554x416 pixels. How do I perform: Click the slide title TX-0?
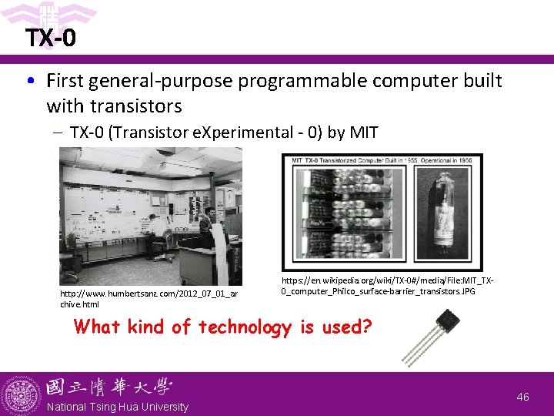pyautogui.click(x=50, y=38)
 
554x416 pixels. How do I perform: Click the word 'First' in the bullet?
pyautogui.click(x=67, y=81)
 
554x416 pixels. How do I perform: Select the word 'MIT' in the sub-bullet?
pyautogui.click(x=363, y=133)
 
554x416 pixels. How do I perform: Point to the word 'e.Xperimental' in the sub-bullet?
pyautogui.click(x=233, y=133)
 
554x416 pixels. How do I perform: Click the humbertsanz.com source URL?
pyautogui.click(x=149, y=298)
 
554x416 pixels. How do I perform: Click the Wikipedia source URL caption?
pyautogui.click(x=387, y=287)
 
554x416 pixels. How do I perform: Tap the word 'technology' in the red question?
pyautogui.click(x=245, y=327)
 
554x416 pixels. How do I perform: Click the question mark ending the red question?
pyautogui.click(x=367, y=327)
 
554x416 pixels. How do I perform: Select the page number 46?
pyautogui.click(x=523, y=397)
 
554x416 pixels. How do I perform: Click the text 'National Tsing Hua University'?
pyautogui.click(x=118, y=407)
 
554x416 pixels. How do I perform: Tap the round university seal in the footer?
pyautogui.click(x=21, y=394)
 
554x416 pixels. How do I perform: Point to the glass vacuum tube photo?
pyautogui.click(x=447, y=213)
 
